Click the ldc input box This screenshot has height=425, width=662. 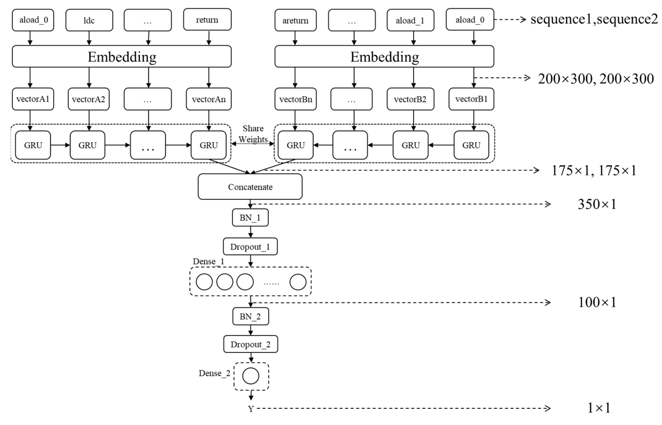coord(89,20)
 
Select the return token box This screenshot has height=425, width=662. coord(207,20)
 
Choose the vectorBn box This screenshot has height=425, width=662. coord(295,99)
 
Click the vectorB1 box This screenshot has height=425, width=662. coord(471,99)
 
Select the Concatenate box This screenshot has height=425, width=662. coord(250,187)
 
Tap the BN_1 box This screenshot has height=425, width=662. coord(250,218)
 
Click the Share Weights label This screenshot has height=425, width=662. coord(253,134)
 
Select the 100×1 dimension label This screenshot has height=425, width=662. coord(597,302)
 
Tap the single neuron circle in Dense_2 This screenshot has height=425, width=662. coord(251,376)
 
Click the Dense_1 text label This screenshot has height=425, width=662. coord(208,261)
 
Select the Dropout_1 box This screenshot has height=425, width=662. coord(250,247)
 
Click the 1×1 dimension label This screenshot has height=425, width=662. coord(599,408)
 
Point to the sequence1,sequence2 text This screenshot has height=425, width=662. coord(593,19)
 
